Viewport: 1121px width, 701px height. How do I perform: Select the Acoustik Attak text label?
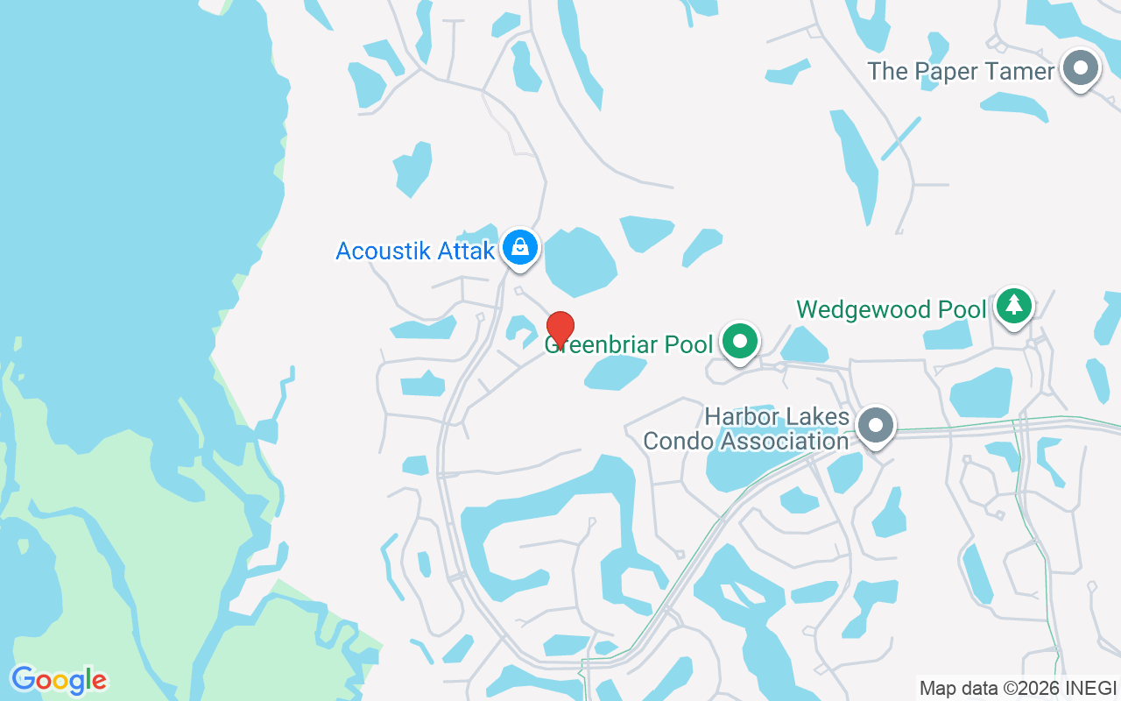[x=415, y=251]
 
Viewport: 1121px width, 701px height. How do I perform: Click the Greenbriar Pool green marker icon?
[x=741, y=341]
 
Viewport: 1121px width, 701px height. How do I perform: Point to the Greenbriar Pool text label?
[x=629, y=344]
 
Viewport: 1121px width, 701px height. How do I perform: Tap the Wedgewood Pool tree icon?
[x=1014, y=304]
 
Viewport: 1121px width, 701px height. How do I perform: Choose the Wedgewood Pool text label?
[x=891, y=309]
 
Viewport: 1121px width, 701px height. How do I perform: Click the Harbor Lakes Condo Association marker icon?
[x=875, y=427]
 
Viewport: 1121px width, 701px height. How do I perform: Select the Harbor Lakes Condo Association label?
[x=746, y=428]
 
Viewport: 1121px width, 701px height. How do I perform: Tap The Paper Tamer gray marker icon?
[x=1081, y=67]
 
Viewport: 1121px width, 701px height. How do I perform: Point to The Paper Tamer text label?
[x=961, y=71]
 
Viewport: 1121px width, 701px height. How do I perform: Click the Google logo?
[x=59, y=680]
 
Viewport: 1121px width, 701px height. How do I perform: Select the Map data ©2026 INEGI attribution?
[x=1018, y=688]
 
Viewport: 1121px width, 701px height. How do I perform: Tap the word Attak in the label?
[x=469, y=251]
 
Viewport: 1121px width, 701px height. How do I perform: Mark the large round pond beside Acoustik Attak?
[x=579, y=261]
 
